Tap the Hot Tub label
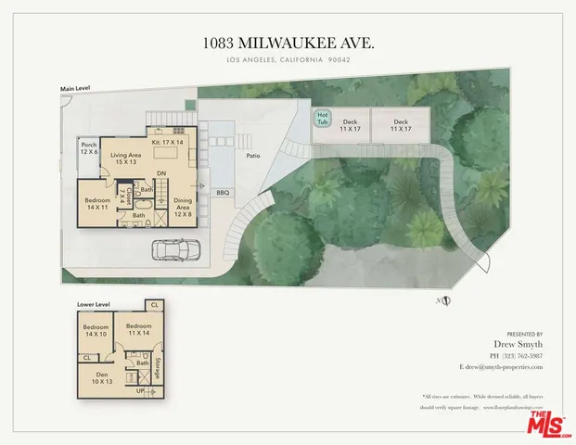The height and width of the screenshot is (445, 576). click(323, 118)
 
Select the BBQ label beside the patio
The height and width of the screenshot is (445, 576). click(223, 193)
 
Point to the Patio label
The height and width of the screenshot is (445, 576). click(252, 157)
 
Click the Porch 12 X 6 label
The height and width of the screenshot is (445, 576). click(89, 148)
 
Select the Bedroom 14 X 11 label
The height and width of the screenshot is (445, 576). click(99, 204)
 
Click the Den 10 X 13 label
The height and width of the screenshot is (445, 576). click(101, 377)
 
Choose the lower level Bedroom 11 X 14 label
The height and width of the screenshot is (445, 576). click(139, 331)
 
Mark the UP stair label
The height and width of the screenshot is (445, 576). click(140, 393)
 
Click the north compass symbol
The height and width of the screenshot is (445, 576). click(446, 299)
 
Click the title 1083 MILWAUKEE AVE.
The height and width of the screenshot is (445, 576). click(288, 43)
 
